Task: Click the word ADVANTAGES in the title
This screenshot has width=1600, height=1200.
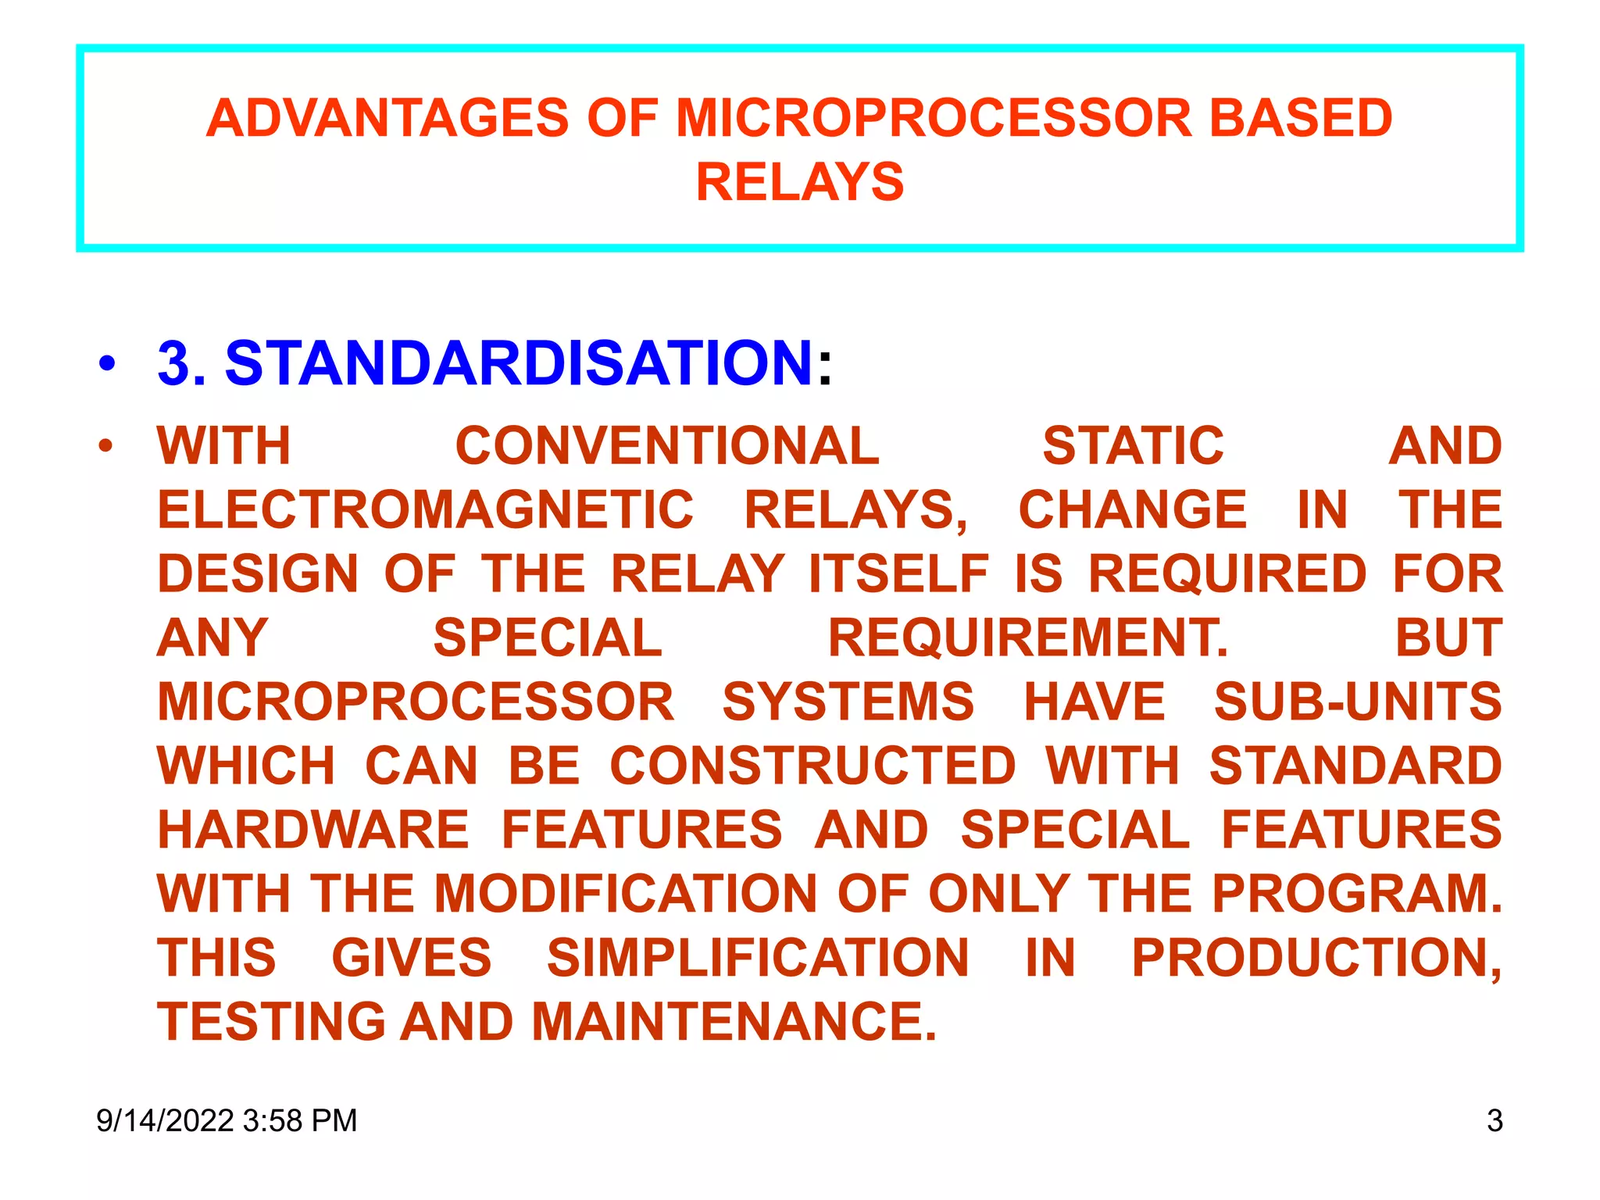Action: coord(387,119)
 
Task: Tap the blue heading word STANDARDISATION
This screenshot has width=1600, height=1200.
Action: coord(519,363)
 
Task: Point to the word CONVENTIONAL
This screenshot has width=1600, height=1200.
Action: coord(667,446)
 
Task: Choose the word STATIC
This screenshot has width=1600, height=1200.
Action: coord(1133,446)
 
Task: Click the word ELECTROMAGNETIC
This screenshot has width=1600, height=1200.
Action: coord(426,510)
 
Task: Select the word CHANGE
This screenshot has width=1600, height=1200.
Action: coord(1133,510)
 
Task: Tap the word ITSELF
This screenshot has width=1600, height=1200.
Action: coord(899,574)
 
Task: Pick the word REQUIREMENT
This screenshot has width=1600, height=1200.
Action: coord(1027,638)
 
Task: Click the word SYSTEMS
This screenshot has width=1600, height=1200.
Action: coord(848,702)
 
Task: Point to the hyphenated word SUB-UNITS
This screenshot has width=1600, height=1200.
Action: coord(1358,702)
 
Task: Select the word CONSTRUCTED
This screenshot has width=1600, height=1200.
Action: coord(812,766)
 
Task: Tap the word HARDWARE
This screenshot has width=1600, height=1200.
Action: coord(313,830)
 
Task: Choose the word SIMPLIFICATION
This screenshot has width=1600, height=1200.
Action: coord(758,958)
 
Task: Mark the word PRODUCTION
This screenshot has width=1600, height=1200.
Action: coord(1316,958)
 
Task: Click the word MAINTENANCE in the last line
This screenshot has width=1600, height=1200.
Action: coord(734,1022)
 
